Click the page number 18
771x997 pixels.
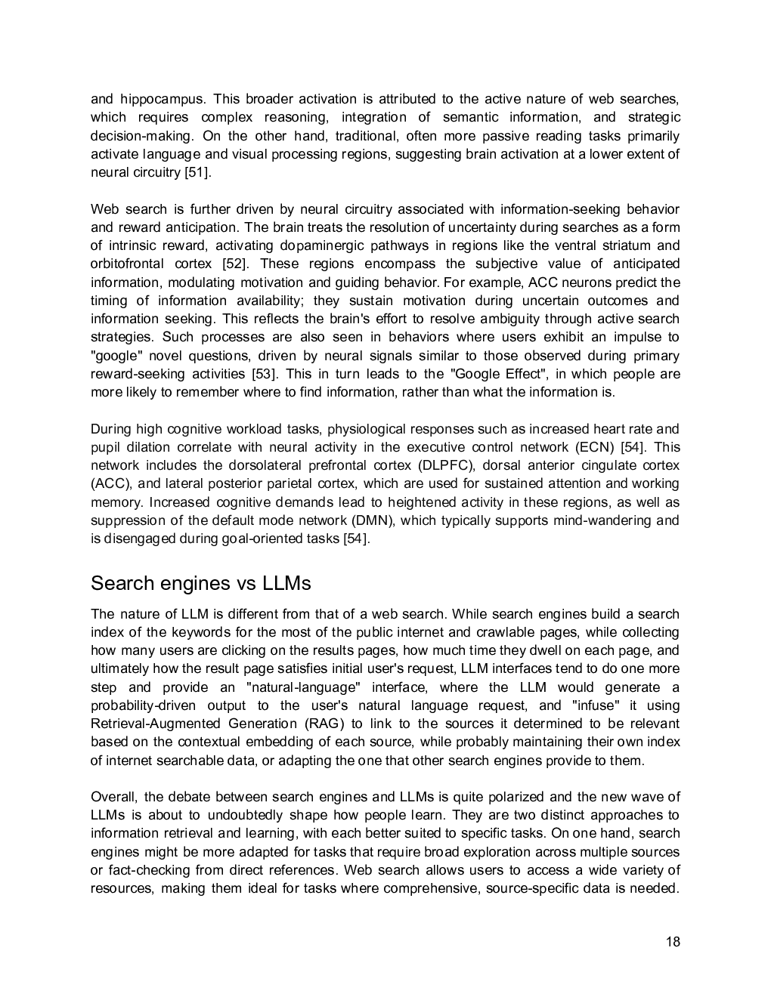(673, 941)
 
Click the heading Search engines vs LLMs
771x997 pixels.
(200, 584)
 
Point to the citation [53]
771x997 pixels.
(265, 374)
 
